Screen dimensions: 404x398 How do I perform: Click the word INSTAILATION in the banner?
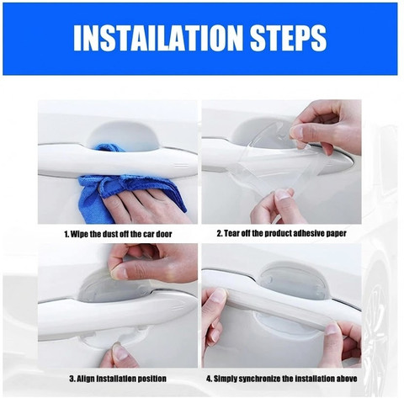click(x=158, y=38)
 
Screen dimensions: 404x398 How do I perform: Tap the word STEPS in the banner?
click(x=289, y=38)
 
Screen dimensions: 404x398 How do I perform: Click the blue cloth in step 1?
click(x=124, y=183)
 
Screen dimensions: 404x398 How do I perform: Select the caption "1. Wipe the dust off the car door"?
click(x=118, y=234)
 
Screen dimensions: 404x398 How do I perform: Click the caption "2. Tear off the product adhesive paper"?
click(x=281, y=233)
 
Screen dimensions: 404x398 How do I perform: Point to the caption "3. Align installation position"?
click(x=118, y=379)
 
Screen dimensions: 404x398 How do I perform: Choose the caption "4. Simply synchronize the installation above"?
click(x=282, y=379)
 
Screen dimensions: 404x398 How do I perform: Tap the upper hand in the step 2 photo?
click(x=326, y=126)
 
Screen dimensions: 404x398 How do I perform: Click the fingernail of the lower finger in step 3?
click(x=120, y=352)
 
